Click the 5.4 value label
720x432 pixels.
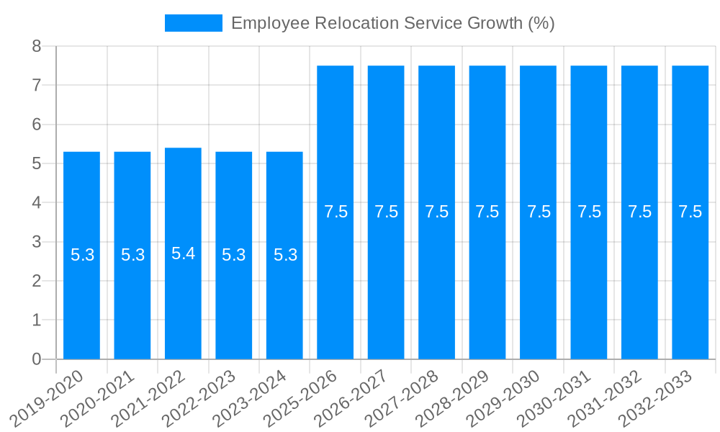[183, 253]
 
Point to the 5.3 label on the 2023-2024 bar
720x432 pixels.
[285, 255]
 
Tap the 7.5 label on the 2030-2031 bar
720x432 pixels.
[589, 212]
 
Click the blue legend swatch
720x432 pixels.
[193, 23]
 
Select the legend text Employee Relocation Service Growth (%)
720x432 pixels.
[392, 23]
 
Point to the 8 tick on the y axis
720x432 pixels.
[37, 47]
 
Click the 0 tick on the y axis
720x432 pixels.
[37, 359]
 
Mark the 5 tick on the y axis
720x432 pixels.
[37, 164]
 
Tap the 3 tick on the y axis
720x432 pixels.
[37, 242]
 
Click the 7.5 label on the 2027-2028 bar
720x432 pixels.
[437, 212]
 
